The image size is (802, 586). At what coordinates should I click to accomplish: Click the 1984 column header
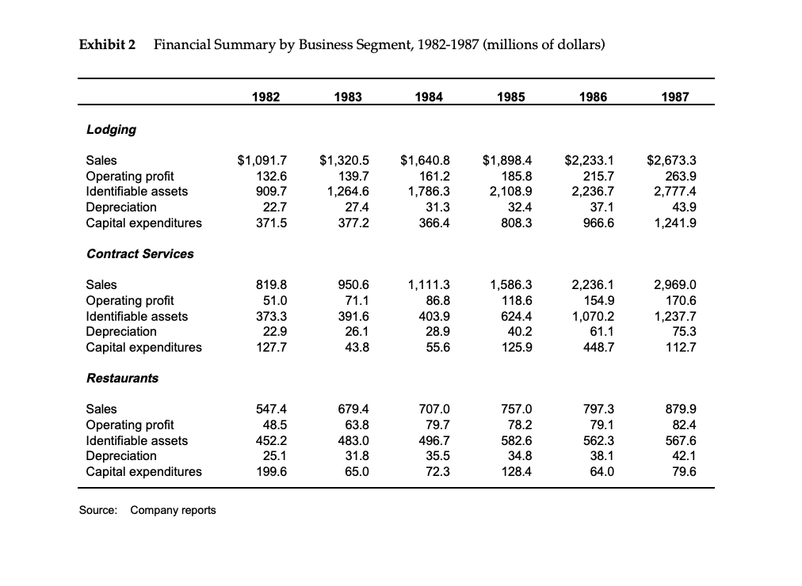(429, 97)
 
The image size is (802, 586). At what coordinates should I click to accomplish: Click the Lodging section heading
(111, 129)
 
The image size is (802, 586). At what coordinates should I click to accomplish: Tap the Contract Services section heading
(139, 253)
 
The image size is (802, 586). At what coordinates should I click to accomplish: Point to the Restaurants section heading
(122, 378)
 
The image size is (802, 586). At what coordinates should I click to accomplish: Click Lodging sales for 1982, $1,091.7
(262, 161)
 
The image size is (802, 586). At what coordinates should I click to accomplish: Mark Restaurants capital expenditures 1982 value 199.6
(271, 471)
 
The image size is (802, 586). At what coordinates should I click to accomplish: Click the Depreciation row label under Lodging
(120, 207)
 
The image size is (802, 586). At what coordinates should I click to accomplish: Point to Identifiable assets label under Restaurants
(136, 440)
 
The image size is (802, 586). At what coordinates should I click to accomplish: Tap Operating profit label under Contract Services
(129, 300)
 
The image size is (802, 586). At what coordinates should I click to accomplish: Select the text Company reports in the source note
(173, 510)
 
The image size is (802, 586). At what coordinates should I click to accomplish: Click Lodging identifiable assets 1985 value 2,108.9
(508, 192)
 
